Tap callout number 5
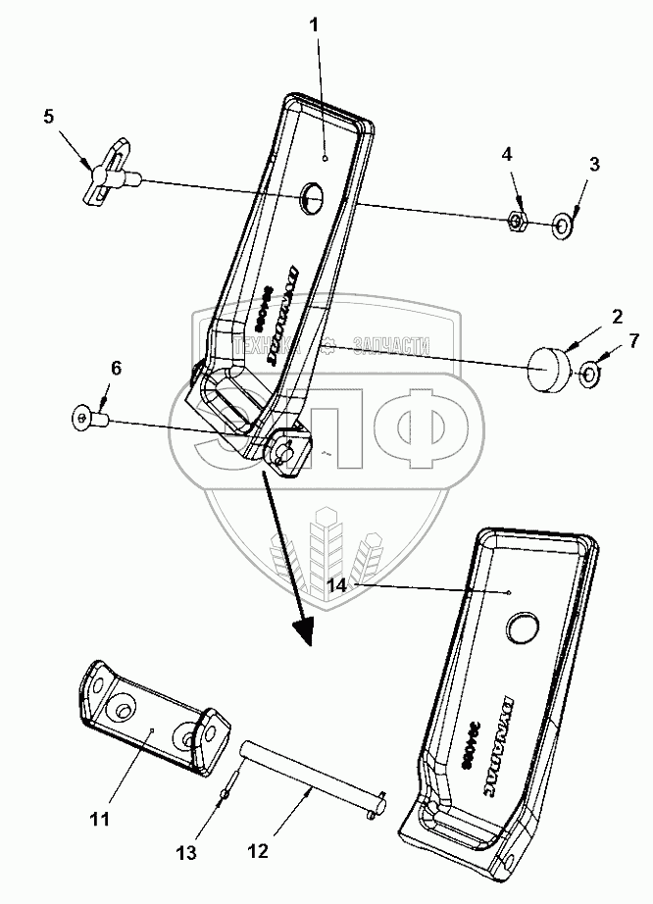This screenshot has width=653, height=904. pos(48,117)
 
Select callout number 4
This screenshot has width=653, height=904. pos(507,155)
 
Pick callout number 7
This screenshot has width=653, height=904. pos(633,342)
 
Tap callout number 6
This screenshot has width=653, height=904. pos(116,369)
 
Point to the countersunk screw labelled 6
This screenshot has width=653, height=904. pos(88,420)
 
